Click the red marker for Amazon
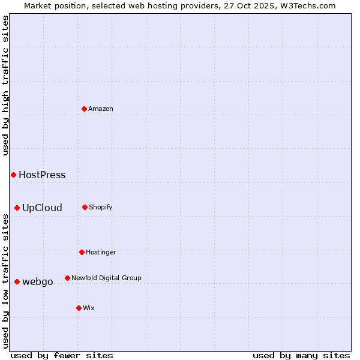[84, 109]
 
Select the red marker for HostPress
[13, 175]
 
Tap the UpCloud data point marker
[17, 208]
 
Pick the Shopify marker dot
[85, 207]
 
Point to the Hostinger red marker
[82, 252]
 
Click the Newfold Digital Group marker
[67, 278]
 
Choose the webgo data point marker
[17, 281]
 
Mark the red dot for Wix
[79, 308]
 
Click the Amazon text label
[101, 109]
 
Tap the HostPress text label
[42, 175]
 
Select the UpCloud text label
[42, 208]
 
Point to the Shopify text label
[101, 208]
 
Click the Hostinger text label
[101, 253]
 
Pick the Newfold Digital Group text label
[106, 278]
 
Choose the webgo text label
[38, 282]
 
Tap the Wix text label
[89, 308]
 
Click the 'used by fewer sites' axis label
[62, 355]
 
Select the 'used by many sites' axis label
[301, 355]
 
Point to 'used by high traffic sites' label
[6, 85]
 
